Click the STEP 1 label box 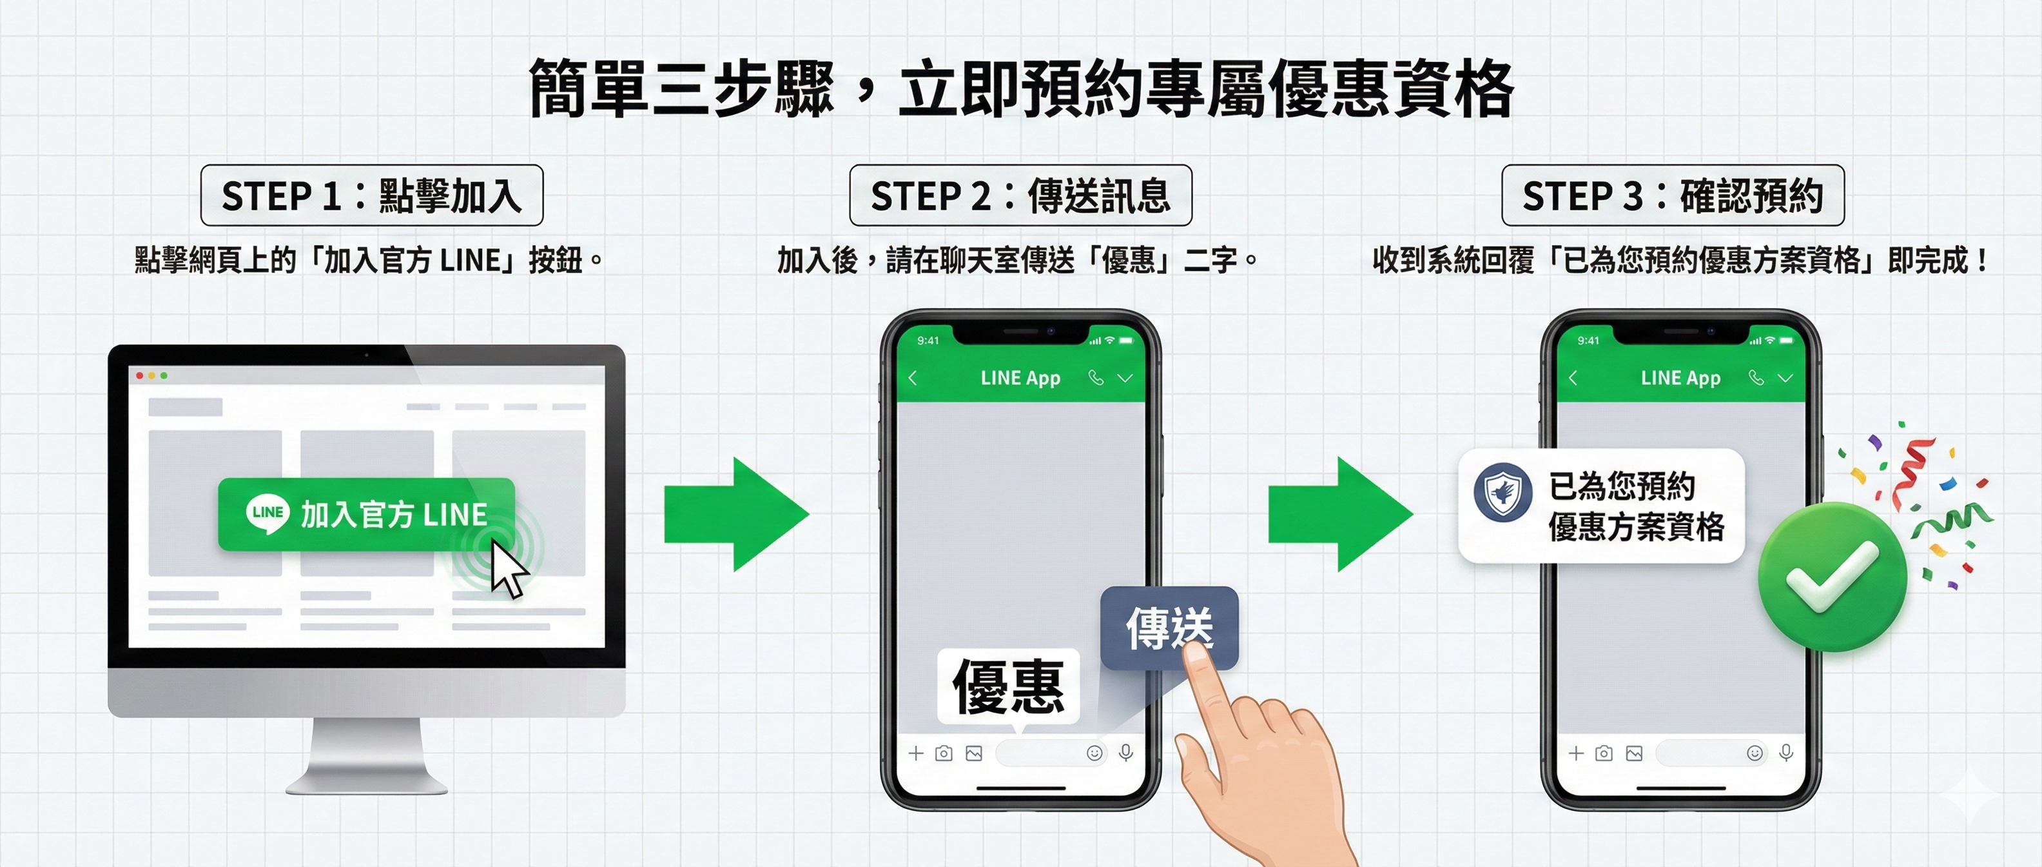[x=372, y=195]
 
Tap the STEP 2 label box [x=1020, y=195]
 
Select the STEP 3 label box [x=1673, y=195]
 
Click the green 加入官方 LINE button [x=366, y=514]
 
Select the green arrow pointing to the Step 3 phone [x=1339, y=514]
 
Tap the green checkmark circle [x=1832, y=577]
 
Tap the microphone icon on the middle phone [x=1125, y=752]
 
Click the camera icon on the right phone [x=1604, y=753]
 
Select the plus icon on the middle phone [x=915, y=753]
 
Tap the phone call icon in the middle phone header [x=1096, y=377]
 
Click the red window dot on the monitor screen [x=139, y=375]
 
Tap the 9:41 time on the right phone [x=1588, y=341]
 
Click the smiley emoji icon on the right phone [x=1755, y=753]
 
